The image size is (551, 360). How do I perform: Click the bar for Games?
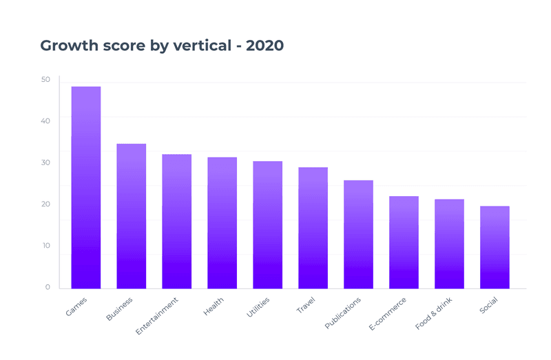tap(86, 187)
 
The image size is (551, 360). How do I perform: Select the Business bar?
tap(132, 216)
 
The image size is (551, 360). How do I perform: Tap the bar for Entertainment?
tap(177, 221)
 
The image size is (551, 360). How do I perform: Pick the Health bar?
tap(222, 222)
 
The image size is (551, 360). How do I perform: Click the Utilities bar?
tap(268, 224)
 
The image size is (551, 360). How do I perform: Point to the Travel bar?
tap(313, 228)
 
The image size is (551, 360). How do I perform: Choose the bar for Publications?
tap(358, 234)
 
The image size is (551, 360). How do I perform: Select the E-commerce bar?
tap(404, 242)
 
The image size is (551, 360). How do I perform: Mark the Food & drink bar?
tap(449, 244)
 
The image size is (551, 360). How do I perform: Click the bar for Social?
tap(495, 247)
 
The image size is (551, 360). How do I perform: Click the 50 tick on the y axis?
tap(45, 80)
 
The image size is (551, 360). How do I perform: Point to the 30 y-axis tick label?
tap(45, 162)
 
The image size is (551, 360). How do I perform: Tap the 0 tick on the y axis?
tap(48, 287)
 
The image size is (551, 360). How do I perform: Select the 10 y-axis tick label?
tap(45, 246)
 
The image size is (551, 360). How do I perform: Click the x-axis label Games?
tap(76, 307)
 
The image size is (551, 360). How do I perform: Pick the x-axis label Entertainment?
tap(157, 316)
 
